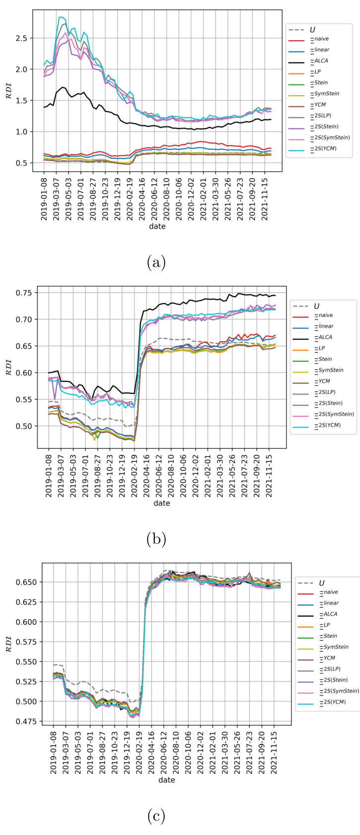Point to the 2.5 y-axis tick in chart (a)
[24, 38]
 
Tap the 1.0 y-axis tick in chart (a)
[24, 131]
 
